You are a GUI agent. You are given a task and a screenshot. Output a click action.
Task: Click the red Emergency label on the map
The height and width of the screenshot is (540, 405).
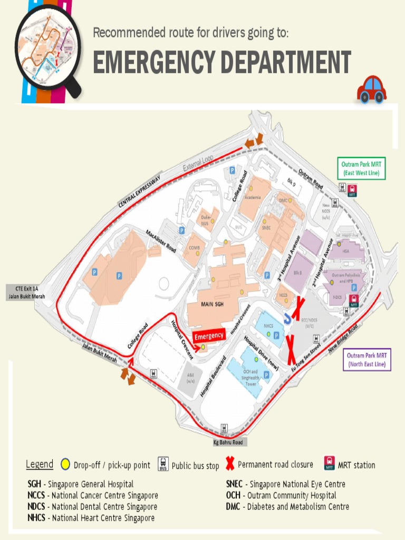coord(209,335)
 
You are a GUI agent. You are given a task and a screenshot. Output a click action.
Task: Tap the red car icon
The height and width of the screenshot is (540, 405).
coord(372,89)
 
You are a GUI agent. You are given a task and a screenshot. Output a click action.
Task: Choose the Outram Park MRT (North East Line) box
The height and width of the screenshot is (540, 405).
coord(367,360)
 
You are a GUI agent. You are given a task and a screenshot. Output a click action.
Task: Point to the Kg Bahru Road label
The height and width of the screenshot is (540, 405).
coord(228,442)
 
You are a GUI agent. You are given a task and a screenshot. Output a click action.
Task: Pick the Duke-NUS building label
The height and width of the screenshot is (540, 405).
coord(206,219)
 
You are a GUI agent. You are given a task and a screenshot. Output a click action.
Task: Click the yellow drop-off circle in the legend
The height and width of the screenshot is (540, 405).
coord(65,465)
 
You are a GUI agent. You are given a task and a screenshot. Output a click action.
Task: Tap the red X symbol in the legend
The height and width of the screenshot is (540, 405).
coord(229,464)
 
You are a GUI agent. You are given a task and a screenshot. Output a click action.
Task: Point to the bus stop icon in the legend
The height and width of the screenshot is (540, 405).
coord(163,464)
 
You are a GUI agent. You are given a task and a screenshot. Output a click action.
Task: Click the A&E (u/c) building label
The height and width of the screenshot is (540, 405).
coord(190,378)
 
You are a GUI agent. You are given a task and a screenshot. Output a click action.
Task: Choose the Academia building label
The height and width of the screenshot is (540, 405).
coord(252,197)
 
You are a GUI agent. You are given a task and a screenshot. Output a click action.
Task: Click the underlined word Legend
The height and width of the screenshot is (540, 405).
coord(40,464)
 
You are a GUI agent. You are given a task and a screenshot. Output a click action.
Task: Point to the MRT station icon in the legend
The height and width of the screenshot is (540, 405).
coord(330,464)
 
